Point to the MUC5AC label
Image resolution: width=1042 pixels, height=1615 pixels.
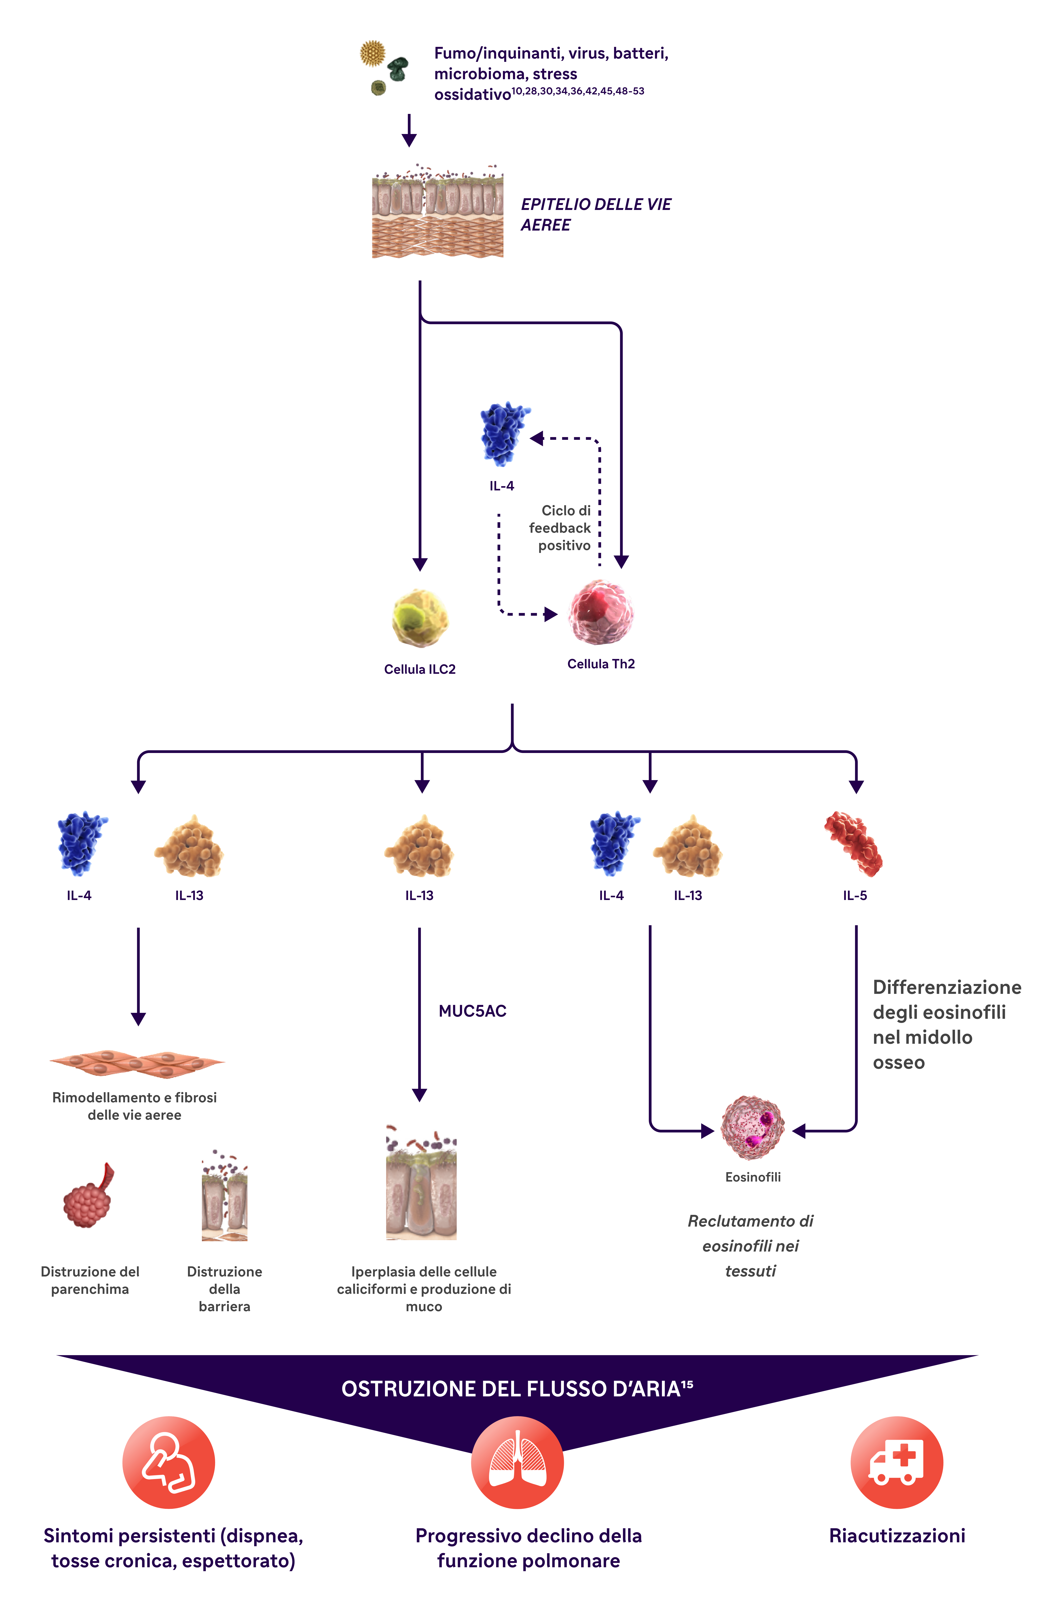coord(472,1011)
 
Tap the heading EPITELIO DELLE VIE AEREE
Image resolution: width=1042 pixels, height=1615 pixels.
coord(595,214)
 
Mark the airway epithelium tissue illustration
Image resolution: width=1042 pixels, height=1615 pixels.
coord(438,214)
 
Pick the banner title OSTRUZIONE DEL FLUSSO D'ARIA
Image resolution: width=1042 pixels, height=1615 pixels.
coord(517,1389)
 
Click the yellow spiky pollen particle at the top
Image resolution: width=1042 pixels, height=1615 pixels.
coord(372,53)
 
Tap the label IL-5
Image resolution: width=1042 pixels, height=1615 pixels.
coord(855,895)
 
